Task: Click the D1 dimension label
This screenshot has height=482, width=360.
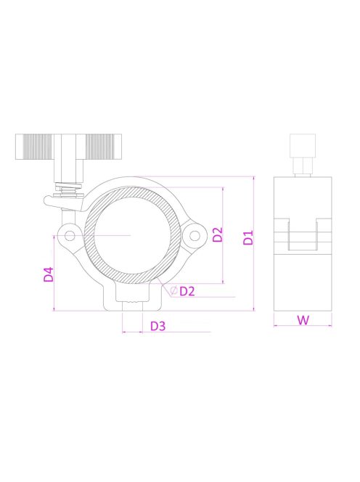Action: point(247,237)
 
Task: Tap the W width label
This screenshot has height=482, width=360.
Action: point(301,319)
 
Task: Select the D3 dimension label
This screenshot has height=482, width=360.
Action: point(157,326)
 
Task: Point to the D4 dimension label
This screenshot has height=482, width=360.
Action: point(49,274)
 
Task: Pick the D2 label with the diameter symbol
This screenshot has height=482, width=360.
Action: point(187,291)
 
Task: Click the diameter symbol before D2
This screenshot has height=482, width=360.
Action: point(174,291)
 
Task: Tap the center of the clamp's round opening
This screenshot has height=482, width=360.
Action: point(132,235)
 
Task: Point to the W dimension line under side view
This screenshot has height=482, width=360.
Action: point(301,327)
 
